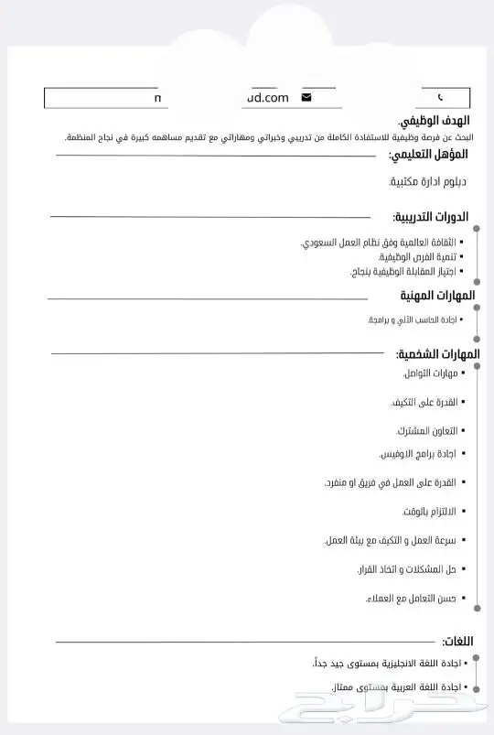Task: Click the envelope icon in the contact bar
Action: point(306,97)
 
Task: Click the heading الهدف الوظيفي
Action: point(435,121)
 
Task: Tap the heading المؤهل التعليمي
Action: point(429,155)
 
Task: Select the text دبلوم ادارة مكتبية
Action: point(427,182)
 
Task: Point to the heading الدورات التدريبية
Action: point(430,217)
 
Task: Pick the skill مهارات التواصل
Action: point(429,373)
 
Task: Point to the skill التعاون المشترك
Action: point(426,430)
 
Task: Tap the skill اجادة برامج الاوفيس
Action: point(418,454)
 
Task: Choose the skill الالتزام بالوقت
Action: point(428,511)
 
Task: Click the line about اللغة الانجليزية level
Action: point(385,662)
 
